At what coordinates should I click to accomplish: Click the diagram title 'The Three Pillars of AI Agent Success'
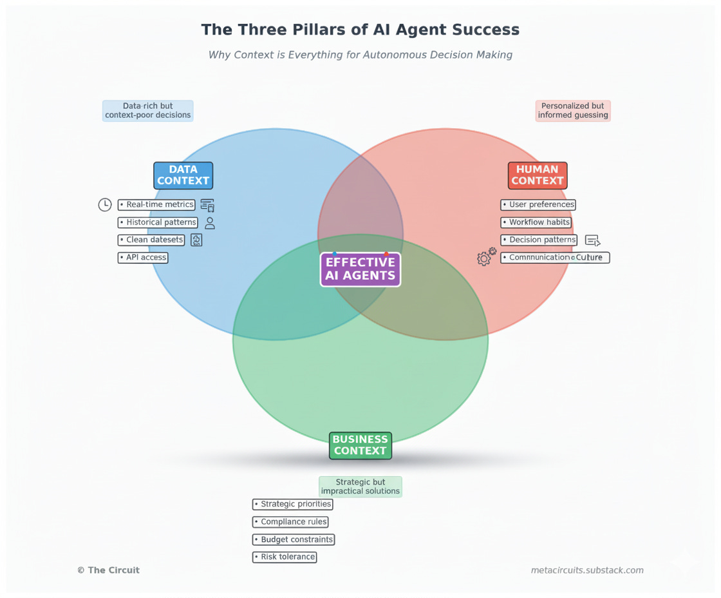point(360,30)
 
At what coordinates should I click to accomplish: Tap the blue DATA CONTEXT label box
point(183,175)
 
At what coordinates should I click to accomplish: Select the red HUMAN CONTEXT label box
point(538,175)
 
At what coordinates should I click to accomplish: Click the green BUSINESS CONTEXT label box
point(360,445)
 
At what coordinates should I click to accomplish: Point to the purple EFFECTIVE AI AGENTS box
point(360,269)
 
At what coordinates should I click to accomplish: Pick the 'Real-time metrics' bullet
point(156,205)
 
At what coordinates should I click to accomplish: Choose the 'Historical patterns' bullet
point(158,222)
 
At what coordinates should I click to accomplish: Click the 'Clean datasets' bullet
point(151,240)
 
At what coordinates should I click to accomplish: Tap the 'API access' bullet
point(143,257)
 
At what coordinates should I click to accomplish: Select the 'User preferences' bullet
point(538,205)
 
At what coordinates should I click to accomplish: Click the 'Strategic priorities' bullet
point(293,504)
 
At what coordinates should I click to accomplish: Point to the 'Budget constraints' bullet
point(294,539)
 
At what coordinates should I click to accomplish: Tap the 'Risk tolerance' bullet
point(285,557)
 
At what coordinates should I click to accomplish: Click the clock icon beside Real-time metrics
point(104,205)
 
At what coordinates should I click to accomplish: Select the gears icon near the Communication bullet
point(486,256)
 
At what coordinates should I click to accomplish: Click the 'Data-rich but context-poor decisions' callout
point(148,111)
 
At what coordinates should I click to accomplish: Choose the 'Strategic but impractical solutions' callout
point(360,487)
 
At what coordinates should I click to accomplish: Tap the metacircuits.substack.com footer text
point(587,570)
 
